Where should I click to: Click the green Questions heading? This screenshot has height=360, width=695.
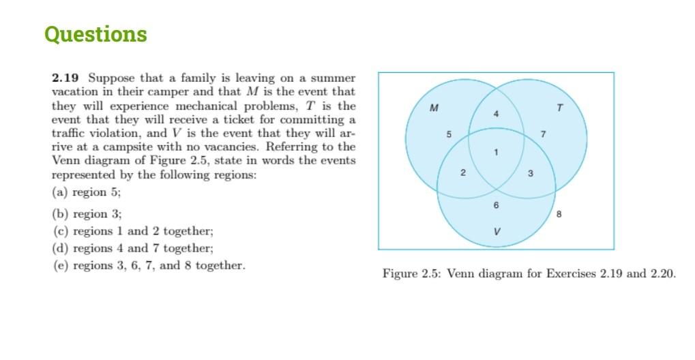[x=95, y=34]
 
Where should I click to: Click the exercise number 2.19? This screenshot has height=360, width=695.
[x=66, y=78]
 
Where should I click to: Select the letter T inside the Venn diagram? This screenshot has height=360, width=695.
[x=559, y=108]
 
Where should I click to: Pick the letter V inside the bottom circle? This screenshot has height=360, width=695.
[x=496, y=232]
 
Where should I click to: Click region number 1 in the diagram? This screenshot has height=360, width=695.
[x=496, y=152]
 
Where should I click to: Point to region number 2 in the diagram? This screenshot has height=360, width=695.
[x=463, y=172]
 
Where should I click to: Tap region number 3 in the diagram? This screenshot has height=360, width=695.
[x=530, y=174]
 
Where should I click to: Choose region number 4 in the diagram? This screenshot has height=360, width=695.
[x=496, y=114]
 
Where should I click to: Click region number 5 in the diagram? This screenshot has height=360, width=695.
[x=448, y=134]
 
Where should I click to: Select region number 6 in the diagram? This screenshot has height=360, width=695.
[x=496, y=205]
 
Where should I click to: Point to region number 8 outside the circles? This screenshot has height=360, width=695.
[x=559, y=214]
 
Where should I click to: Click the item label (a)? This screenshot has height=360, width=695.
[x=60, y=192]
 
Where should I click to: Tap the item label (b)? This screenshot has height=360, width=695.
[x=60, y=213]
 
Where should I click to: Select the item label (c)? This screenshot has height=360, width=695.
[x=60, y=231]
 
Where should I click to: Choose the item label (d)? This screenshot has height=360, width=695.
[x=60, y=248]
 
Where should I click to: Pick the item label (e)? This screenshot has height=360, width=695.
[x=60, y=265]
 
